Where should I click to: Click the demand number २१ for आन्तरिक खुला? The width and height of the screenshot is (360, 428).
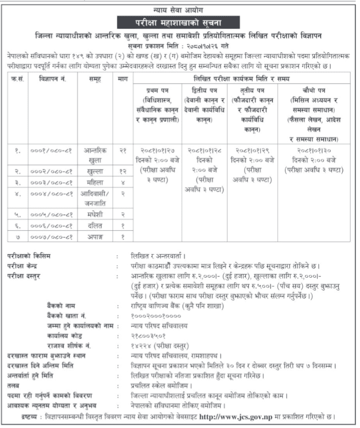122,150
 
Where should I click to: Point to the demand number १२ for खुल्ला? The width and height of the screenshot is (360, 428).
122,172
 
